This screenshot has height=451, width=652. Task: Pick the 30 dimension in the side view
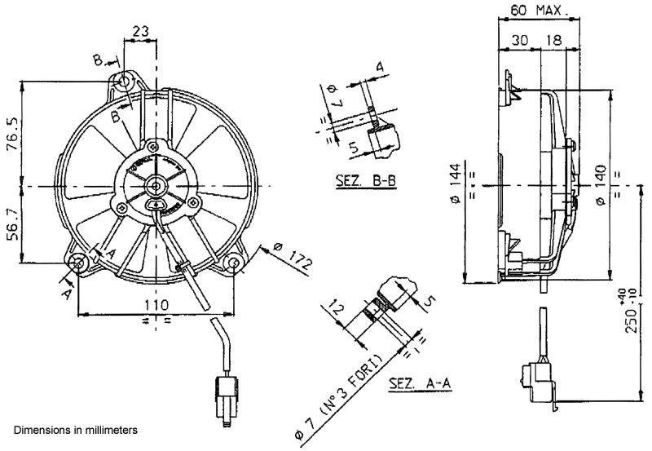[x=520, y=40]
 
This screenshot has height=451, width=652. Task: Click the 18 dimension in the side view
[x=554, y=40]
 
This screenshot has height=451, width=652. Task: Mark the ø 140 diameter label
[x=601, y=186]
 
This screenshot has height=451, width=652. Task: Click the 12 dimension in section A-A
[x=337, y=310]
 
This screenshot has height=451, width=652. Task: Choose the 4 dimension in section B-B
[x=380, y=65]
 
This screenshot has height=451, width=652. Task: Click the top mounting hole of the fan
[x=125, y=82]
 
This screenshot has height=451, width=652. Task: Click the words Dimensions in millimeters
[x=76, y=428]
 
